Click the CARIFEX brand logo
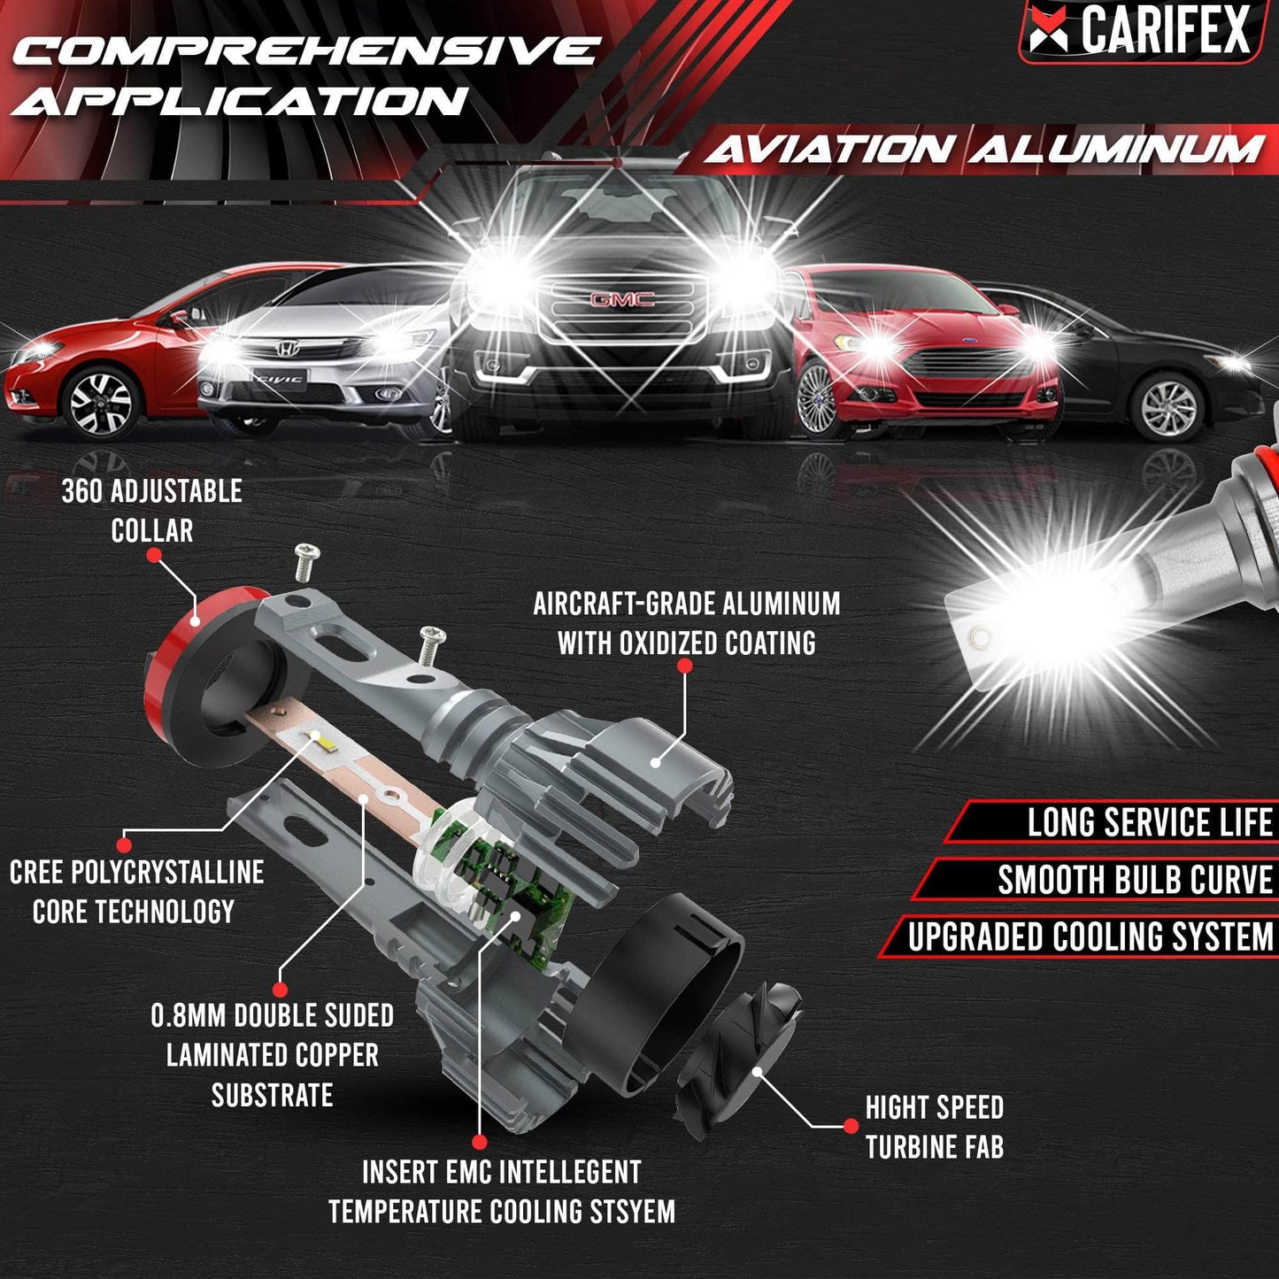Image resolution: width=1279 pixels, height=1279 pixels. coord(1142,30)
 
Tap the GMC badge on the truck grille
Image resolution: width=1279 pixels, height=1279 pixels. coord(622,299)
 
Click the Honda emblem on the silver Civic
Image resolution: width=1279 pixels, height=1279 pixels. coord(285,350)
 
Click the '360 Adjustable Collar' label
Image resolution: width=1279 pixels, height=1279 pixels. coord(151,511)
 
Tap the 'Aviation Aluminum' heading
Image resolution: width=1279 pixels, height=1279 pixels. coord(982,150)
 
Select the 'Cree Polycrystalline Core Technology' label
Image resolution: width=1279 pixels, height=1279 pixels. coord(136,891)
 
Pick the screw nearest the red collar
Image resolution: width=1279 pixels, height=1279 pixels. coord(306,559)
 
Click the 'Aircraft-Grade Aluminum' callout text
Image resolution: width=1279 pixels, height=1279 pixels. coord(686,623)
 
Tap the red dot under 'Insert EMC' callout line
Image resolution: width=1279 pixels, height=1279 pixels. coord(480,1142)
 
